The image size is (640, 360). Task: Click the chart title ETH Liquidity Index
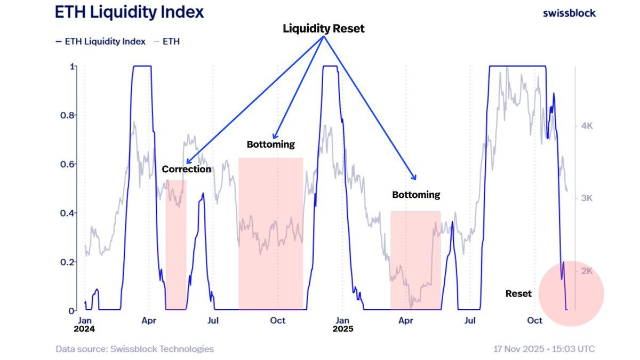[130, 12]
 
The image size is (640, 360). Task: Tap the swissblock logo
[569, 13]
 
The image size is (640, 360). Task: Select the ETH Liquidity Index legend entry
[100, 41]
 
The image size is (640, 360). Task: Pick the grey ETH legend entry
[166, 41]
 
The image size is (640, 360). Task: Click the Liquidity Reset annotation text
[323, 29]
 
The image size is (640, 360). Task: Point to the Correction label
[187, 169]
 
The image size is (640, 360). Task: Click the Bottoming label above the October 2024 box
[270, 145]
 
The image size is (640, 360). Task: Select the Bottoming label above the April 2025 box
[416, 195]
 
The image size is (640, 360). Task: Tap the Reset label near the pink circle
[518, 293]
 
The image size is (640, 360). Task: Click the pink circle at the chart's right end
[571, 293]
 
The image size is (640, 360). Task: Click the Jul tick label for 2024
[213, 321]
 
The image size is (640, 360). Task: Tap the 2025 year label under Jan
[342, 329]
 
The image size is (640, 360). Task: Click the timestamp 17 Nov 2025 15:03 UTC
[544, 349]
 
